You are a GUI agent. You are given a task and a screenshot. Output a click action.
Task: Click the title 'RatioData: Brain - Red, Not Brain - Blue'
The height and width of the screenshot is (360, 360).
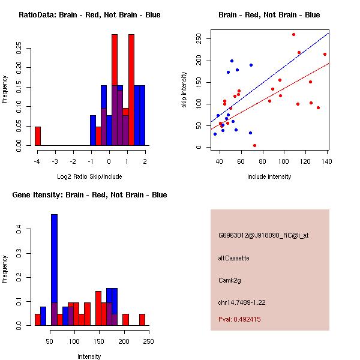click(x=89, y=15)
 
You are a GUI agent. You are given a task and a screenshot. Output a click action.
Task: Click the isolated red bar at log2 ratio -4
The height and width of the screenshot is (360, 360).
click(x=37, y=136)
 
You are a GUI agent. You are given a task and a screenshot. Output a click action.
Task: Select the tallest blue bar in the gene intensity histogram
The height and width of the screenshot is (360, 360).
click(x=54, y=270)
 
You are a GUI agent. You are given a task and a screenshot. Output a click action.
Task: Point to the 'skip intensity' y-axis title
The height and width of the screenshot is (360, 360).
click(x=185, y=90)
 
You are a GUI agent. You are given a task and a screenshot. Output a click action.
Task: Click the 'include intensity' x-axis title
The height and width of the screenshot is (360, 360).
click(x=269, y=176)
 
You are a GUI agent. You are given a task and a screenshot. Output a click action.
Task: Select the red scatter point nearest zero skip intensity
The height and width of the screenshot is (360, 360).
click(x=254, y=145)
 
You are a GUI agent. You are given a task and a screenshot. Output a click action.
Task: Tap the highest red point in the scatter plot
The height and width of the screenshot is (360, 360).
click(x=293, y=34)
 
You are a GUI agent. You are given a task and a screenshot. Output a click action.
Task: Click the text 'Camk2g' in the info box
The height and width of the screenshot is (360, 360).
click(x=229, y=280)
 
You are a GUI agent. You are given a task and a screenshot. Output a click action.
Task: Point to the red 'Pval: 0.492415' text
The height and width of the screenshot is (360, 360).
click(x=239, y=319)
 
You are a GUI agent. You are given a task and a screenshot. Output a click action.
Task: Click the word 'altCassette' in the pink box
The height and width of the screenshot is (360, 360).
click(x=233, y=258)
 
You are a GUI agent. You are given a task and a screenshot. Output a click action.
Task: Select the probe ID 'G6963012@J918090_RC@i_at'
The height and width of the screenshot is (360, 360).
click(x=263, y=236)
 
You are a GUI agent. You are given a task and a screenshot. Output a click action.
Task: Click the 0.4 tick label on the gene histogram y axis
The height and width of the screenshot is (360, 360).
click(x=19, y=229)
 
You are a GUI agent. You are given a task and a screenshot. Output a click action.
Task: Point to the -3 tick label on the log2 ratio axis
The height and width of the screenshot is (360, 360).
click(x=55, y=161)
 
